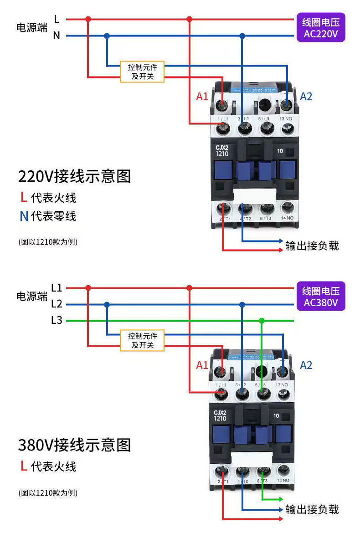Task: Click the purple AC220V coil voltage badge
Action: pos(321,27)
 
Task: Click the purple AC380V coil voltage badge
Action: pos(321,296)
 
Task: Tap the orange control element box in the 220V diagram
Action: pos(142,72)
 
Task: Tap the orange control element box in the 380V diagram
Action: pos(142,340)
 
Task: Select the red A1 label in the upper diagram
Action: pos(202,97)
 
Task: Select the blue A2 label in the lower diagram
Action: pos(306,365)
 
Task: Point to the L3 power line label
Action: pos(57,320)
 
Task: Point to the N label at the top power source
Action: pos(57,36)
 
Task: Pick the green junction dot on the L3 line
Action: pos(262,321)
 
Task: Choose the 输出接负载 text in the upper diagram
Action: pos(312,246)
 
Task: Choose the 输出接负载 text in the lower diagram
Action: pos(312,509)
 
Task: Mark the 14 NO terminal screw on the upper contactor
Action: pos(287,208)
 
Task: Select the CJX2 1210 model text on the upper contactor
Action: pos(224,150)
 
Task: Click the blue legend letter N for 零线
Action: pos(24,216)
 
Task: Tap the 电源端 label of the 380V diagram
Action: pos(31,297)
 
